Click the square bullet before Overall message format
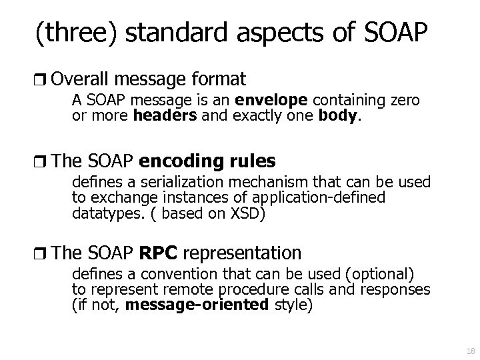point(43,81)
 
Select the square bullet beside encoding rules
point(43,162)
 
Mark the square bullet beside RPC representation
point(43,254)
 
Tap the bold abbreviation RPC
point(158,254)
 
